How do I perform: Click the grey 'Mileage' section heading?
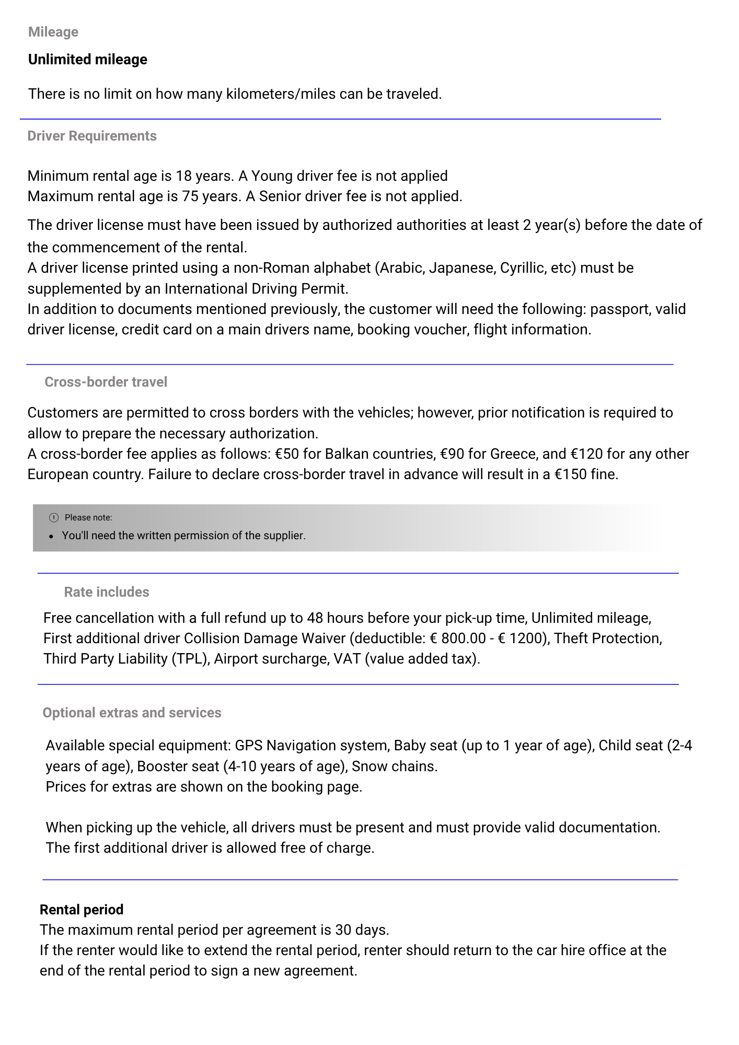tap(53, 32)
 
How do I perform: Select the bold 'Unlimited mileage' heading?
tap(88, 60)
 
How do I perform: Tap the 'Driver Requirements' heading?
tap(92, 136)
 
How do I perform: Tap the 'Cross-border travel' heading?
tap(106, 382)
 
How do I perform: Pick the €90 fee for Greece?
tap(452, 454)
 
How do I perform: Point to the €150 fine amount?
tap(570, 474)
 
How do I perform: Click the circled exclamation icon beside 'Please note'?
tap(54, 518)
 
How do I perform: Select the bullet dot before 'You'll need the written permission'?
tap(51, 536)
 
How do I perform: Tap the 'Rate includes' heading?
tap(107, 592)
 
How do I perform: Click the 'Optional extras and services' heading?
tap(132, 713)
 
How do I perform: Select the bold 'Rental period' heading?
tap(82, 910)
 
